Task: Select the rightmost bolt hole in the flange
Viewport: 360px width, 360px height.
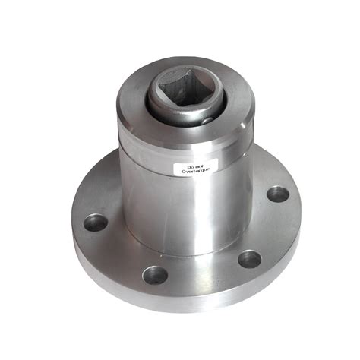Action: [x=278, y=193]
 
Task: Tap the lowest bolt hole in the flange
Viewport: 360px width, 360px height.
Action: [x=156, y=273]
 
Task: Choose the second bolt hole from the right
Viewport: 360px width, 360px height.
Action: [x=249, y=258]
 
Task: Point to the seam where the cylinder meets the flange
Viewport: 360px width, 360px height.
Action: [x=175, y=251]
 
